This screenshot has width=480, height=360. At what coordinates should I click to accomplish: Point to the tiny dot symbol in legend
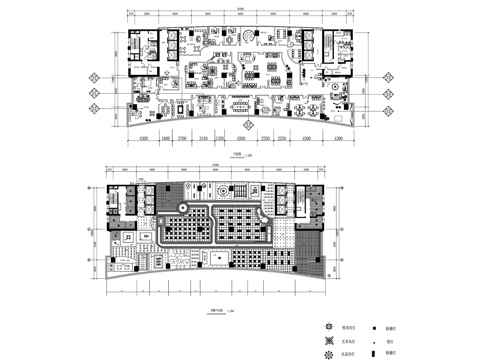coord(379,339)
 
